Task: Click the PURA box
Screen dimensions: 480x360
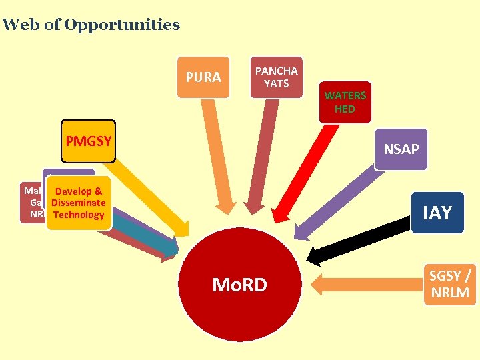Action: point(203,77)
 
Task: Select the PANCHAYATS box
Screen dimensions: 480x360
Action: point(276,77)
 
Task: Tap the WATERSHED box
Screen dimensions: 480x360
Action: point(345,103)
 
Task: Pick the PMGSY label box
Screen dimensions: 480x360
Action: point(88,141)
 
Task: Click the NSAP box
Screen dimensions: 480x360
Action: point(401,149)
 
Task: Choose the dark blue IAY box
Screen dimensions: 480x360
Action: point(437,213)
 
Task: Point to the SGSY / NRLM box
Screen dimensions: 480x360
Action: point(449,284)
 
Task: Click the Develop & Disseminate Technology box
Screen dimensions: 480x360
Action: point(78,203)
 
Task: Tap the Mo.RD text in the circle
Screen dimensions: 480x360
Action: point(239,285)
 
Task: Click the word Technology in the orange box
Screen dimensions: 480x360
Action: point(78,215)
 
